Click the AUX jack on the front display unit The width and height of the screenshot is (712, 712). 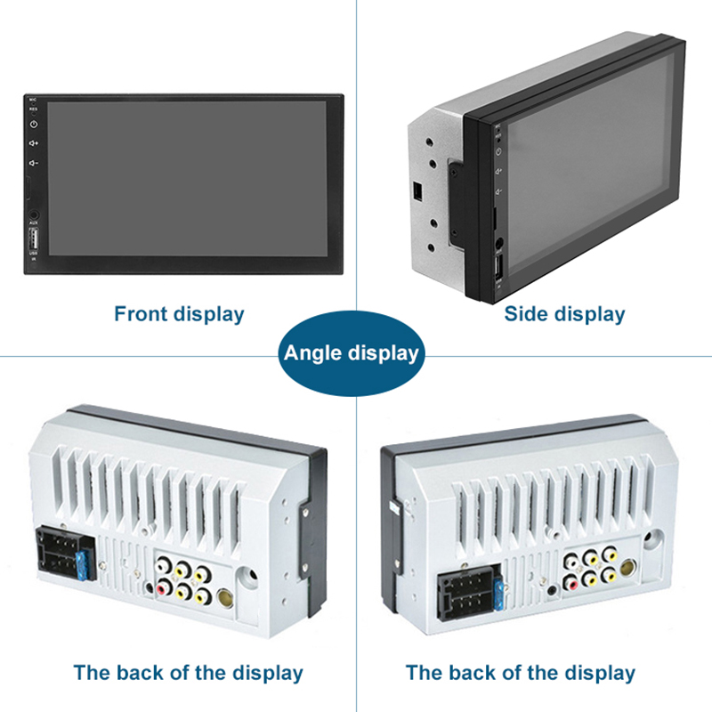pos(34,214)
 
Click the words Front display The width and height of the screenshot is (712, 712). pos(179,313)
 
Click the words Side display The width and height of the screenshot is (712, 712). pos(564,313)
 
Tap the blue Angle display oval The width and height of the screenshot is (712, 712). pos(351,353)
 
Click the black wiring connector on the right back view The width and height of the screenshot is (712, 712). pos(465,594)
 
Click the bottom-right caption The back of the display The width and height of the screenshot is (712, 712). pos(521,673)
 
